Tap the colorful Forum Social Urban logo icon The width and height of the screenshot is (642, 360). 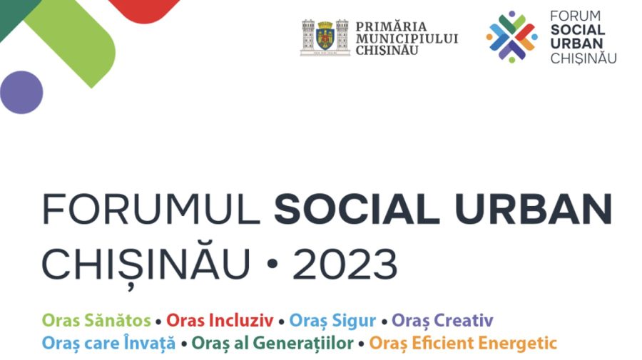[x=511, y=36]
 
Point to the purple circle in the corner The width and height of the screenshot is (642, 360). [x=21, y=92]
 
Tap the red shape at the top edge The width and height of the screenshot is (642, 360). [x=143, y=9]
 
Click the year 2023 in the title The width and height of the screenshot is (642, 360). [x=345, y=265]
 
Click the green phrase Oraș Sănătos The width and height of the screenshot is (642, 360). [x=97, y=320]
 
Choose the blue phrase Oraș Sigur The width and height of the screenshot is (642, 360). [x=332, y=320]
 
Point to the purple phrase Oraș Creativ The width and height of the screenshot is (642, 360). [x=442, y=320]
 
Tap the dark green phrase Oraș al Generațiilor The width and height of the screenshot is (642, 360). [x=272, y=343]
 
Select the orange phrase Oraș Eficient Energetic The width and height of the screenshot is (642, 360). [x=463, y=343]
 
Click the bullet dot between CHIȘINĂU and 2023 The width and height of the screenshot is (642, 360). [x=272, y=267]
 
